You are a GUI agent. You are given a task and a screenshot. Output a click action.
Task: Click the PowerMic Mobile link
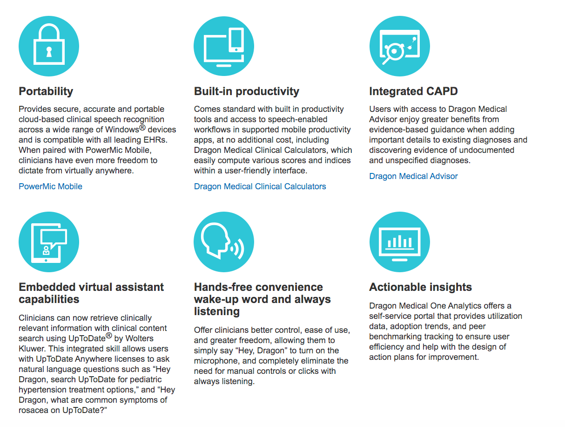pos(50,186)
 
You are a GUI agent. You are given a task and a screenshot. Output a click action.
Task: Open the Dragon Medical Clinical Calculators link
pos(260,186)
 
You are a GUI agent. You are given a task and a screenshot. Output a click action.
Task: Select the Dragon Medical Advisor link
pos(413,176)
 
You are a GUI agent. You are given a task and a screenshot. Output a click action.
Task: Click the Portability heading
pos(46,91)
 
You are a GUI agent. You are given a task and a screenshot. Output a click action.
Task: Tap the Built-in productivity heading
pos(246,91)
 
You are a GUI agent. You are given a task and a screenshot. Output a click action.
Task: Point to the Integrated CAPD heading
pos(413,91)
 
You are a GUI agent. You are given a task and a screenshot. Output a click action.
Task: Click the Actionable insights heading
pos(420,287)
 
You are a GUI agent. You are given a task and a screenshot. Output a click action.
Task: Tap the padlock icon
pos(49,46)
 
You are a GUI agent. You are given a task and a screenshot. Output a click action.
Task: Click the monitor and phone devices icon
pos(224,46)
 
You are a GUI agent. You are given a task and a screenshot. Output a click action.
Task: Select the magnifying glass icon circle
pos(399,46)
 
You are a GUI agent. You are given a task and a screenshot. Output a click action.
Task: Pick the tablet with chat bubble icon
pos(49,242)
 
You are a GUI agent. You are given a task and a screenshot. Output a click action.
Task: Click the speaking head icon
pos(224,242)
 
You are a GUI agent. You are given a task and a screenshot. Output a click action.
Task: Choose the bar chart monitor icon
pos(399,242)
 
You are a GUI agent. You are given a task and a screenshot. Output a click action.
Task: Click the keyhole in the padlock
pos(49,52)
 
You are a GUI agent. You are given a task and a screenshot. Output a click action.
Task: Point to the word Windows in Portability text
pos(122,130)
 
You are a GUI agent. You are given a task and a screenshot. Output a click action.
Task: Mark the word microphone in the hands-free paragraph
pos(217,360)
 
